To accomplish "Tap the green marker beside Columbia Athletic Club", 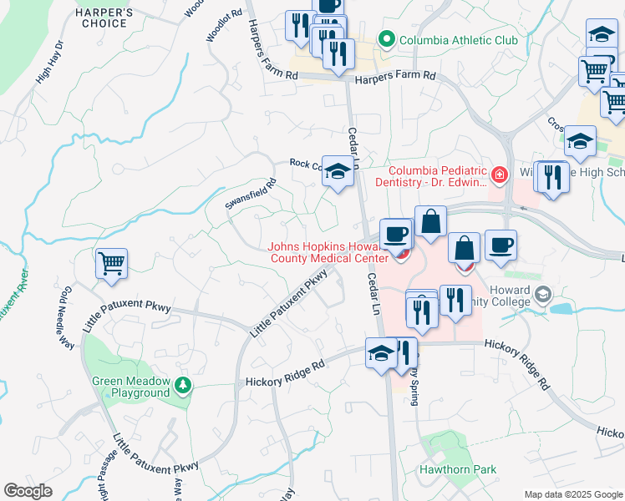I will tap(387, 39).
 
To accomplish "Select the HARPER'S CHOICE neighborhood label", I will tap(104, 18).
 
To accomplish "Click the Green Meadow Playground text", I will tap(131, 387).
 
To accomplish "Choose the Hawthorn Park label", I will tap(457, 470).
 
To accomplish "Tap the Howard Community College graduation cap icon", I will tap(544, 294).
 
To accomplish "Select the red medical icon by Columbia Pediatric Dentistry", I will tap(499, 175).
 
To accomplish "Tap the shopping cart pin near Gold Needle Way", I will tap(111, 265).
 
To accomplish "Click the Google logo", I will tap(28, 491).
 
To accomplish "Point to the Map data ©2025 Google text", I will tap(572, 494).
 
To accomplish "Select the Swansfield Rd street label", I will tap(250, 195).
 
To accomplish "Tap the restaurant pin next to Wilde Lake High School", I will tap(551, 178).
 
